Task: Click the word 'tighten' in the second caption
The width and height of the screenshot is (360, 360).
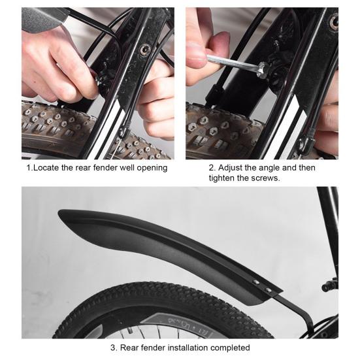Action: [x=226, y=178]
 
